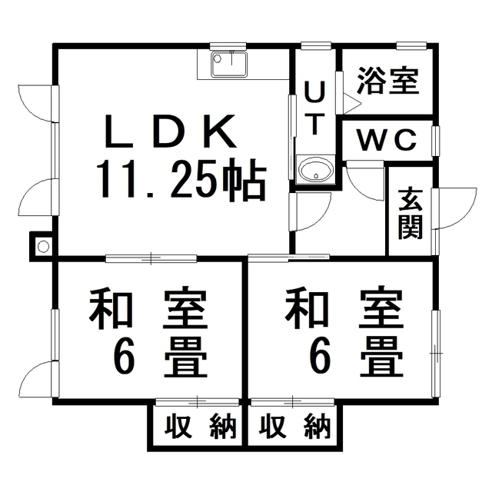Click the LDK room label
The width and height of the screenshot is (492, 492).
point(171,131)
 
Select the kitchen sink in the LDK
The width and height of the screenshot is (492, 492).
point(229,64)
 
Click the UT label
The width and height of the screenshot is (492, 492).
point(314,108)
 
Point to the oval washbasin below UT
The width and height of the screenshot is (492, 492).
point(315,171)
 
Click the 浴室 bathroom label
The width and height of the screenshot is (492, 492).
point(388,81)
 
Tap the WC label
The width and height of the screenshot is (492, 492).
point(387,140)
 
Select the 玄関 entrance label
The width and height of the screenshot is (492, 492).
point(411,214)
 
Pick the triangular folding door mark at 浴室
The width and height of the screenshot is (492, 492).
point(352,103)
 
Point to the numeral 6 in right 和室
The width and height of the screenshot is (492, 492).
point(320,357)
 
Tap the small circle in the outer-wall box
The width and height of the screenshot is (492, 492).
point(43,246)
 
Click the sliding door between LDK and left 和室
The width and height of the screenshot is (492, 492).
point(151,259)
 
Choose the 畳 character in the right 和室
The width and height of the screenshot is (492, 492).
point(381,357)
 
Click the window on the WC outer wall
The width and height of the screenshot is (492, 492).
point(436,141)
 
